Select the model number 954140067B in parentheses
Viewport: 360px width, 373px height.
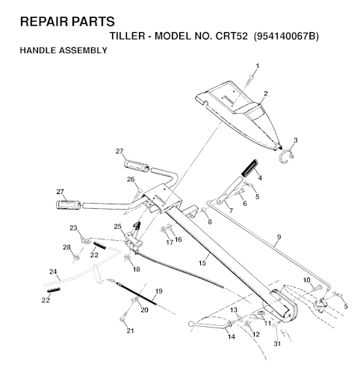(286, 37)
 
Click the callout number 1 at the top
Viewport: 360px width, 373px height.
(258, 66)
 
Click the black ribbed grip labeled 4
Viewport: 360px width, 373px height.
(249, 169)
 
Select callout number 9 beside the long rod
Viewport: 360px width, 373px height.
(279, 237)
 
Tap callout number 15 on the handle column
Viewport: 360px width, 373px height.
(202, 263)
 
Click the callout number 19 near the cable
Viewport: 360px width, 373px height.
(158, 291)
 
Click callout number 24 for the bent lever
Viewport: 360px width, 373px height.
(53, 272)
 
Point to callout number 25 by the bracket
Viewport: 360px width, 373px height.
(118, 227)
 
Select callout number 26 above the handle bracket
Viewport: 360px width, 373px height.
(131, 179)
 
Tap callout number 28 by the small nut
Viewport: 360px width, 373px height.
(66, 247)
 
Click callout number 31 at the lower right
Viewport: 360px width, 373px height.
(277, 343)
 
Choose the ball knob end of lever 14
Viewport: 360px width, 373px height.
(191, 324)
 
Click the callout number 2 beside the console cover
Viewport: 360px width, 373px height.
(266, 94)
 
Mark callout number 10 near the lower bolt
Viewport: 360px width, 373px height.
(307, 280)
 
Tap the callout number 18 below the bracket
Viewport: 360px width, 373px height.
(137, 269)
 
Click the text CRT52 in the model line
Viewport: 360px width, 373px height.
(232, 37)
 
